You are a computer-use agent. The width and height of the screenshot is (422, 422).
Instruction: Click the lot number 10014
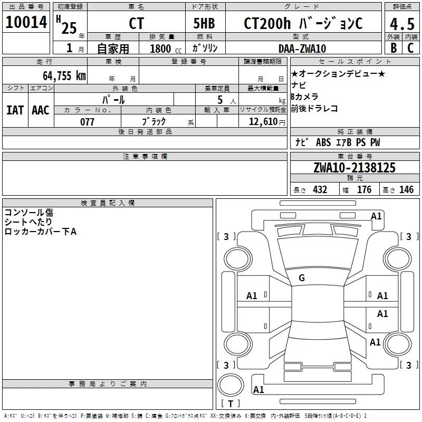(26, 22)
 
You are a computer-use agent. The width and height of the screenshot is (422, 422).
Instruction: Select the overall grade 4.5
(402, 24)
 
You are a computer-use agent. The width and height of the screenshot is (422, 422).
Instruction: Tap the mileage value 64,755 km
(64, 75)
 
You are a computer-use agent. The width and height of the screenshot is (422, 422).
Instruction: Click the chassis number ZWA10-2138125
(354, 167)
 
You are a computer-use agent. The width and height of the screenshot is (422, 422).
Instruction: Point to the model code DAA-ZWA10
(302, 49)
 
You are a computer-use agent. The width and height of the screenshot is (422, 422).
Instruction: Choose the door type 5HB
(204, 23)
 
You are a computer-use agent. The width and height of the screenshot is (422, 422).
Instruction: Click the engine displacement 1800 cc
(166, 49)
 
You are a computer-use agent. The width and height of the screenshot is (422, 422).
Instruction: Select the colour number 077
(87, 122)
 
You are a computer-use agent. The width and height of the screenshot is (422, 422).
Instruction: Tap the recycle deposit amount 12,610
(263, 121)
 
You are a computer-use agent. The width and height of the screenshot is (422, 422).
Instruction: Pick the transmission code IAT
(15, 110)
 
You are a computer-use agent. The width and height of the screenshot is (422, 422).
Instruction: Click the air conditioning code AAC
(41, 110)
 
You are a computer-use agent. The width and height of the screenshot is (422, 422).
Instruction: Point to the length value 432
(320, 189)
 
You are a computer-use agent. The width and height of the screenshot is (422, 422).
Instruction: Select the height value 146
(406, 189)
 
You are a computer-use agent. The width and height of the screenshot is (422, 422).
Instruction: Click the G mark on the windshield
(302, 278)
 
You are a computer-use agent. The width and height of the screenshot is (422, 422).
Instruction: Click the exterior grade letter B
(394, 48)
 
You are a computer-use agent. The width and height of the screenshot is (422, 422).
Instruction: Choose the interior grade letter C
(410, 48)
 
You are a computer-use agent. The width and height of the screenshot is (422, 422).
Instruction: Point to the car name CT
(137, 23)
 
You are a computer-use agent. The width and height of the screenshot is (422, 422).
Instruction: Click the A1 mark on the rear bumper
(258, 389)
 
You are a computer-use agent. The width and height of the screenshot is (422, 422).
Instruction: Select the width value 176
(364, 189)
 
